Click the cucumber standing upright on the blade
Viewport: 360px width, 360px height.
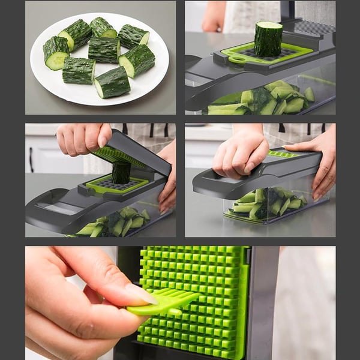pos(268,38)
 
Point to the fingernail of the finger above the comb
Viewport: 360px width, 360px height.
pos(140,294)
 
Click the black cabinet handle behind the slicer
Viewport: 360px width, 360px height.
pos(31,160)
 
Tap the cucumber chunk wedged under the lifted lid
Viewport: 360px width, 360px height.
pos(121,173)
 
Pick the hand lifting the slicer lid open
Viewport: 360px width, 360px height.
pos(81,138)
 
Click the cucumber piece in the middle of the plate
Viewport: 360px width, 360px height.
pos(104,50)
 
